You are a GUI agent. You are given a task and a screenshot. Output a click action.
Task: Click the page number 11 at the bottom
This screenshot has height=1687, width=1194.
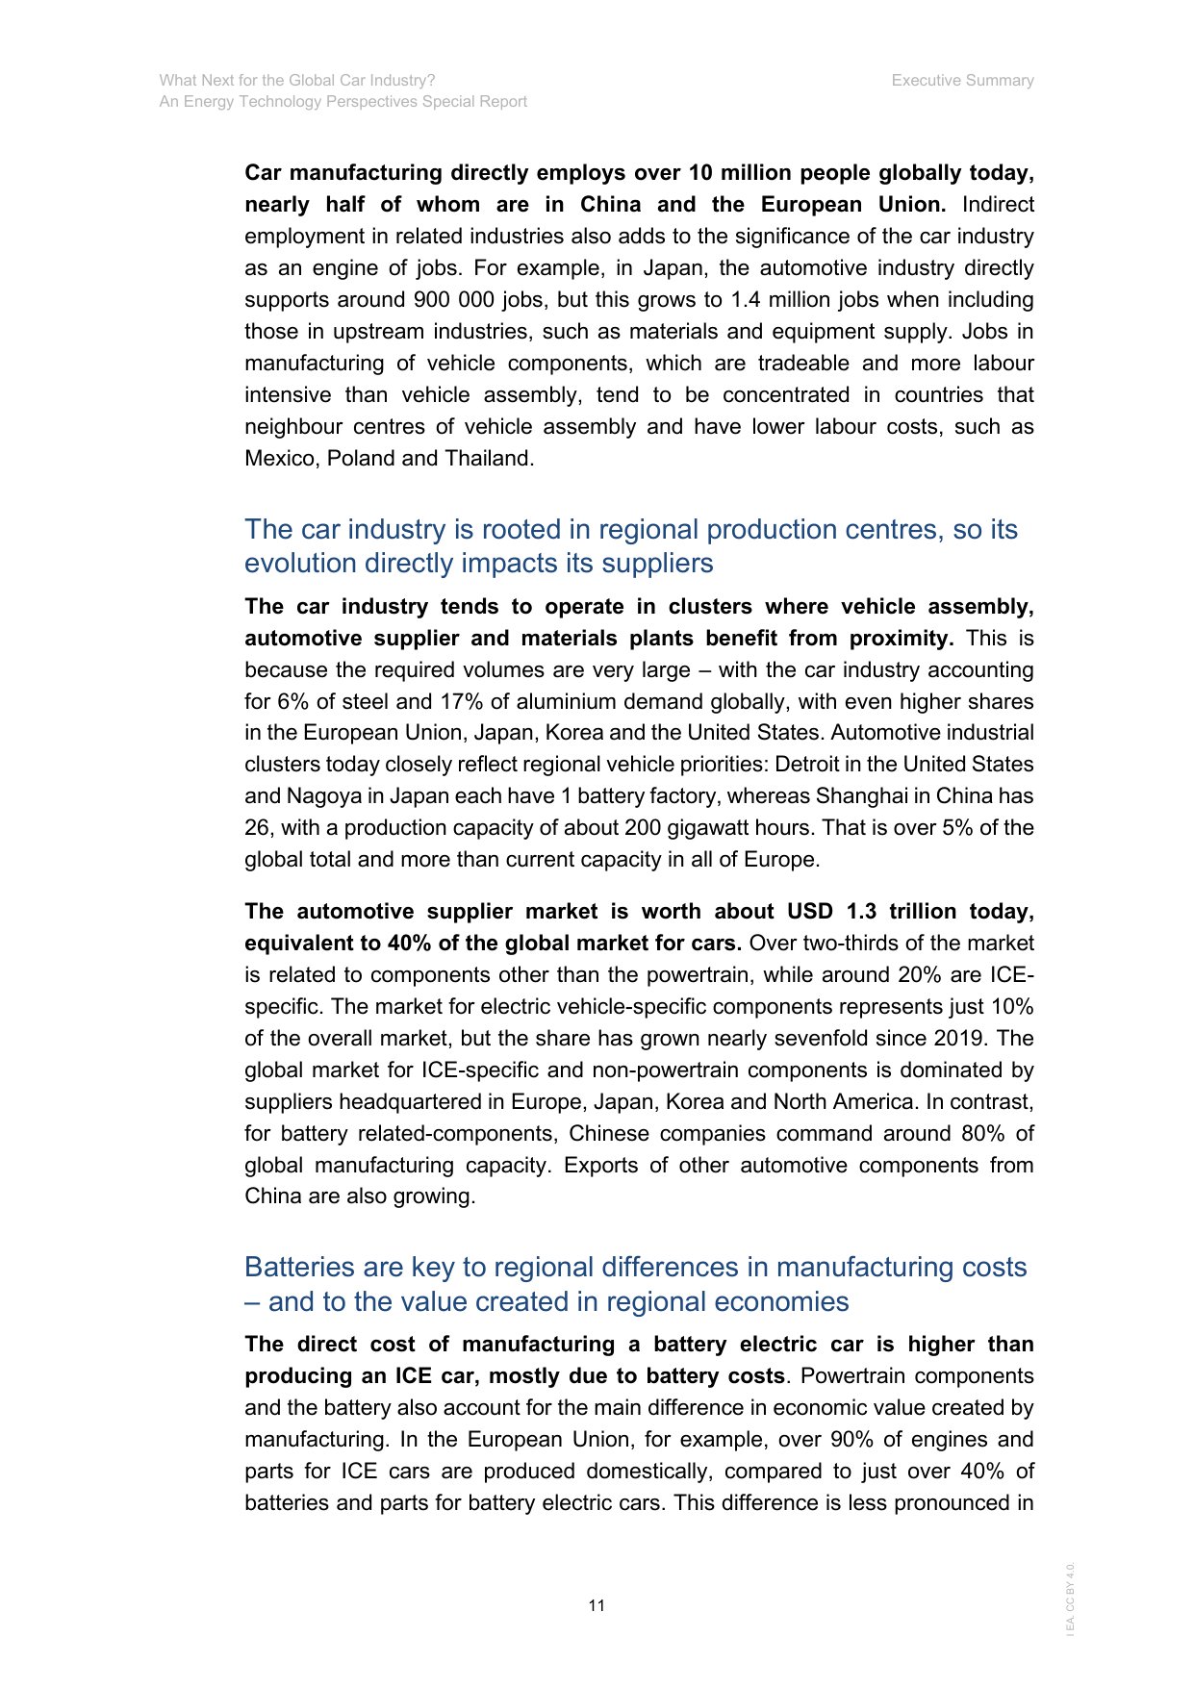[x=597, y=1605]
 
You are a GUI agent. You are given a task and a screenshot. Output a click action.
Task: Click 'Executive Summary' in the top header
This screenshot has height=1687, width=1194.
[x=962, y=81]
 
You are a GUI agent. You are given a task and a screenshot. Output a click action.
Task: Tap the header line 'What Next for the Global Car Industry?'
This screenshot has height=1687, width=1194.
[x=297, y=81]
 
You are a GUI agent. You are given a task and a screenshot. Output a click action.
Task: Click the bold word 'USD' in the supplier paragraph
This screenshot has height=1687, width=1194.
[x=810, y=912]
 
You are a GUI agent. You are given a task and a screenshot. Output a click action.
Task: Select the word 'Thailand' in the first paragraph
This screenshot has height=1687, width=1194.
[x=488, y=459]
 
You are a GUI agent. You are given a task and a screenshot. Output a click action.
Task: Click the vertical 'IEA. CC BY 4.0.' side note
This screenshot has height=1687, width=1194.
[x=1070, y=1599]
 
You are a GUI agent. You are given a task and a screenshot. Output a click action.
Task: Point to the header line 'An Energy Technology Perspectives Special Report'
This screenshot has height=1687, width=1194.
[x=343, y=102]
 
